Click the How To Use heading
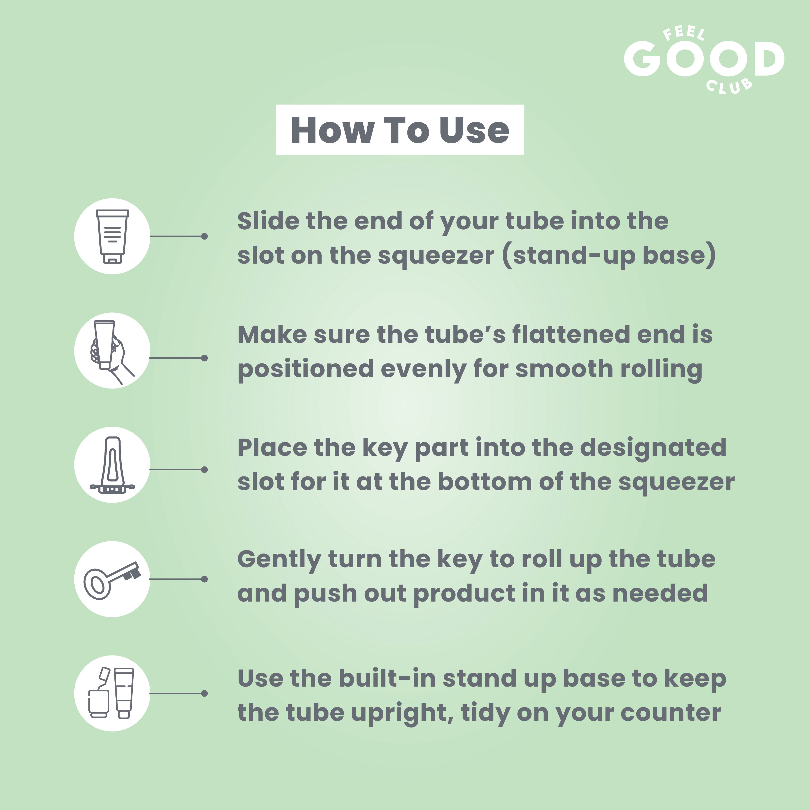click(400, 130)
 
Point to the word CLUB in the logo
click(729, 86)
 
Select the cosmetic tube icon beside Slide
click(112, 236)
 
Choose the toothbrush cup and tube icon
click(111, 693)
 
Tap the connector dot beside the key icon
click(204, 579)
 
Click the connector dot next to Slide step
click(204, 236)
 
